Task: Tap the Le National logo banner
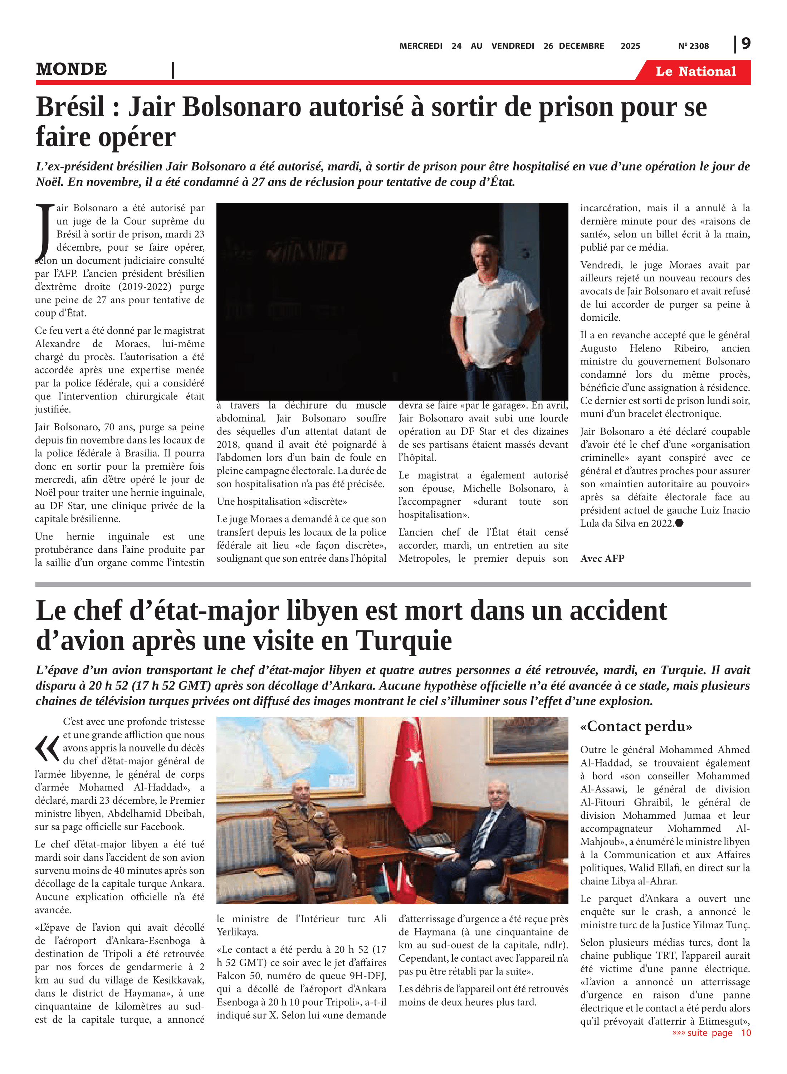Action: point(695,72)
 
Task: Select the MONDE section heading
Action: point(72,69)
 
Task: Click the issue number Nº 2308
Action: point(693,46)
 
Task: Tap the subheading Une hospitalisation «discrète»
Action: point(282,502)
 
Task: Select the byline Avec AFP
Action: point(602,559)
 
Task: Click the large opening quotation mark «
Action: point(47,749)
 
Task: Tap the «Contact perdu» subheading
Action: point(636,726)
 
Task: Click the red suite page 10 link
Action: point(711,1033)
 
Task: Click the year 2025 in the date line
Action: point(630,46)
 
